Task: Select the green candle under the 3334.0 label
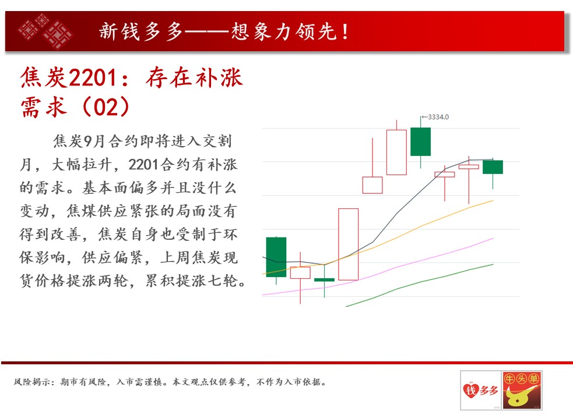[x=421, y=141]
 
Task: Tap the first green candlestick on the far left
[x=276, y=257]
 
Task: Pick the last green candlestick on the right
[x=493, y=167]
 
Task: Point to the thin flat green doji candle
[x=324, y=280]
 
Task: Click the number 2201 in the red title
[x=93, y=78]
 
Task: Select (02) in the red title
[x=106, y=106]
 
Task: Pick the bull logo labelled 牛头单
[x=522, y=390]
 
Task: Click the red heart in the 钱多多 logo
[x=471, y=390]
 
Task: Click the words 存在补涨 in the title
[x=194, y=78]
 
